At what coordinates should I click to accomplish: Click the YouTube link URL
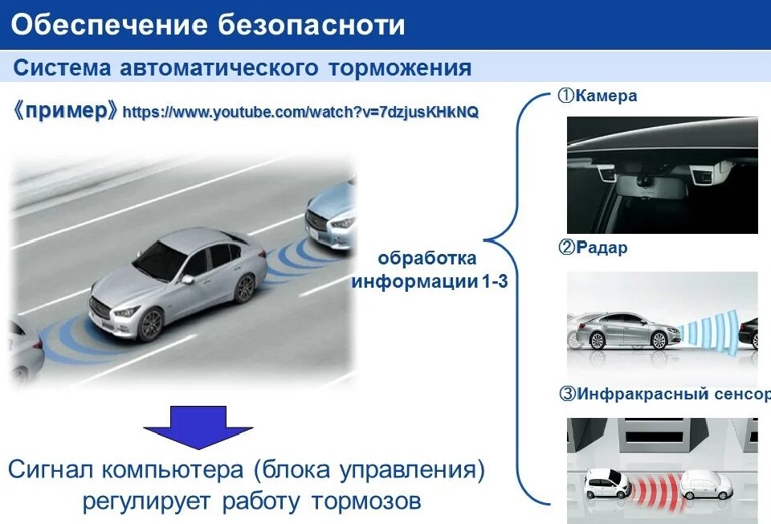coord(300,112)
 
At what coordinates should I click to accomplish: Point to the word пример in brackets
coord(66,110)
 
